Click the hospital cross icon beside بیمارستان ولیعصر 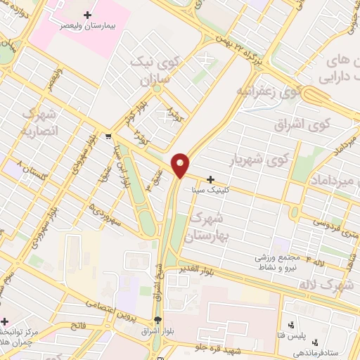[x=87, y=14]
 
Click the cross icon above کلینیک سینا [x=210, y=179]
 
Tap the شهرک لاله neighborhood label [x=334, y=285]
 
